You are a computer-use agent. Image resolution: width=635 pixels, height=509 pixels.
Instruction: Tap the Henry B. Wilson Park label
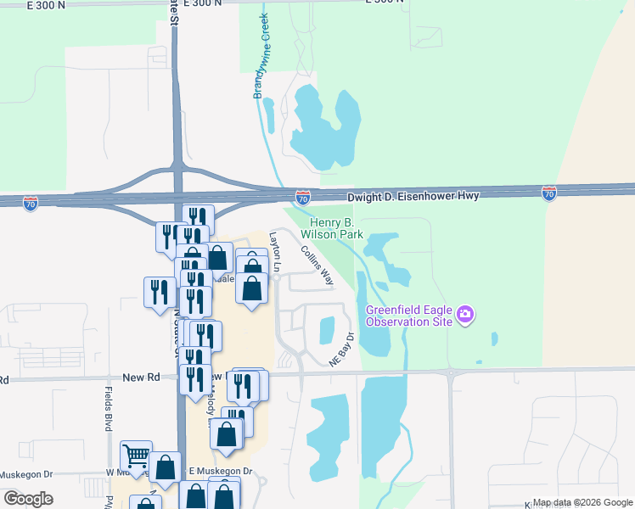point(331,228)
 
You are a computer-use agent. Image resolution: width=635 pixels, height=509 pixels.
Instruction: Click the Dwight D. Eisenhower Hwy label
point(413,196)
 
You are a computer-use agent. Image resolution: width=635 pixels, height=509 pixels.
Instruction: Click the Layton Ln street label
point(274,248)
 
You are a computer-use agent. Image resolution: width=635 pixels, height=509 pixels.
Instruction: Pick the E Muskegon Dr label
point(221,471)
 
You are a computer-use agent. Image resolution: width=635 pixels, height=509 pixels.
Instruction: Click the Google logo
point(29,498)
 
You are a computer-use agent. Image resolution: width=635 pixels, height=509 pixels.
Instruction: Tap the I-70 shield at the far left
point(31,204)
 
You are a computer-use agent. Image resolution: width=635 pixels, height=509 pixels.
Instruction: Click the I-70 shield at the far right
point(549,193)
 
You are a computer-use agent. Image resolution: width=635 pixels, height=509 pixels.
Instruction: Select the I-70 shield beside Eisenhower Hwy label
point(302,198)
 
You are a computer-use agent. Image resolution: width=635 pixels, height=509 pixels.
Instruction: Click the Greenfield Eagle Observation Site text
point(407,316)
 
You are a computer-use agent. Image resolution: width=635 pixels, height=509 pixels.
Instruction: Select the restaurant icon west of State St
point(159,293)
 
